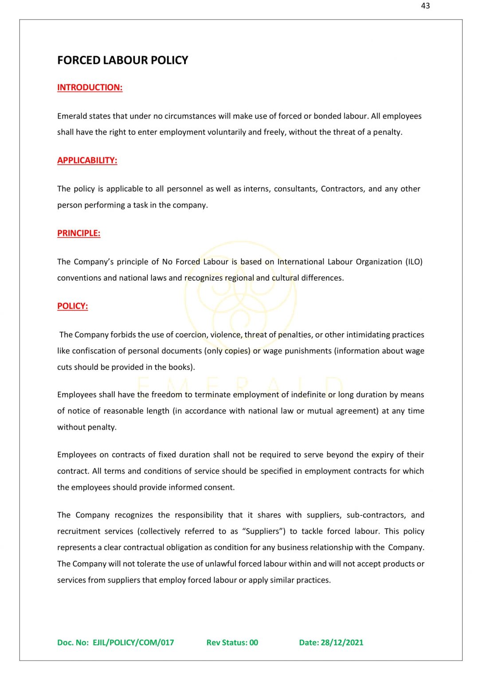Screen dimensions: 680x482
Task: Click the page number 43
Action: click(x=425, y=6)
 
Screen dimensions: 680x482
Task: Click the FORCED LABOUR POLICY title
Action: click(x=122, y=60)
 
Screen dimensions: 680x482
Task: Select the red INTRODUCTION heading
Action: click(x=90, y=87)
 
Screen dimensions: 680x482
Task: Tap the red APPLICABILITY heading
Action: click(x=87, y=160)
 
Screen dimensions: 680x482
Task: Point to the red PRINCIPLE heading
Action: click(x=78, y=233)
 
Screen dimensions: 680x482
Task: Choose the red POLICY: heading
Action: click(x=72, y=306)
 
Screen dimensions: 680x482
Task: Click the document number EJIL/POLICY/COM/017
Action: click(x=133, y=642)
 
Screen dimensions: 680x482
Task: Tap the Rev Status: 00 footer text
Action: click(x=232, y=642)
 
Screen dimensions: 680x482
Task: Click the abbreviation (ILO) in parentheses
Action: click(x=414, y=262)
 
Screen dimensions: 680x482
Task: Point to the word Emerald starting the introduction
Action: click(x=72, y=116)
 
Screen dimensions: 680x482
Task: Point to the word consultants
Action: click(x=295, y=189)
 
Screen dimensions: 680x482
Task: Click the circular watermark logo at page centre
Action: click(x=240, y=294)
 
